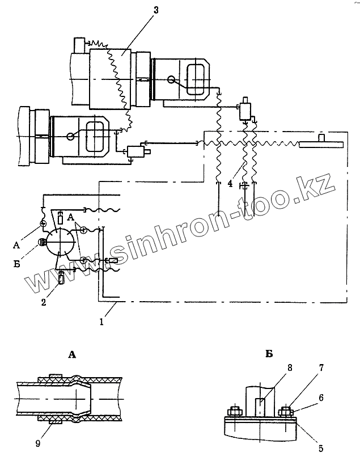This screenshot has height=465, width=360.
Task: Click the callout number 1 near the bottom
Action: pyautogui.click(x=101, y=322)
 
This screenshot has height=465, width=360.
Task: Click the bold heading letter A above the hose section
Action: pyautogui.click(x=72, y=354)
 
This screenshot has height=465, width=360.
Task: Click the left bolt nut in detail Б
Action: pyautogui.click(x=233, y=411)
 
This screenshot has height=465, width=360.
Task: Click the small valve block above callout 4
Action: pyautogui.click(x=245, y=110)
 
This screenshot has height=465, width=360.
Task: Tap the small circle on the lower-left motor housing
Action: pyautogui.click(x=69, y=136)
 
